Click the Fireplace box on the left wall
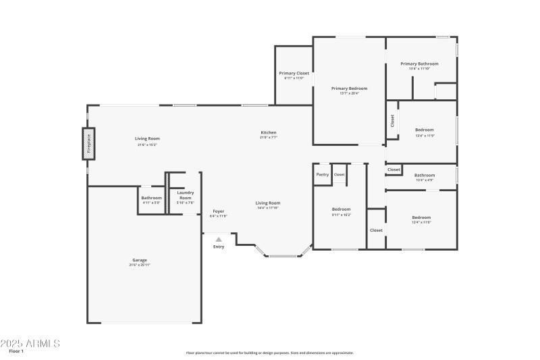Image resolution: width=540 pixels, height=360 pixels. click(x=88, y=144)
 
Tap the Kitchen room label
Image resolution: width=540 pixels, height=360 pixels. click(x=269, y=132)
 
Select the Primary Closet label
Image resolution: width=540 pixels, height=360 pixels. click(x=294, y=73)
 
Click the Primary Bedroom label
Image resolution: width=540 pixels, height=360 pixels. click(x=349, y=88)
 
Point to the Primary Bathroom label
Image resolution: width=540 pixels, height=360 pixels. click(x=419, y=63)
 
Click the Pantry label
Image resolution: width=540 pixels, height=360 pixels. click(x=322, y=174)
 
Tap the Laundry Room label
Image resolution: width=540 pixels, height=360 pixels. click(x=185, y=195)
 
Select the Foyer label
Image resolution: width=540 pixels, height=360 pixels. click(x=219, y=211)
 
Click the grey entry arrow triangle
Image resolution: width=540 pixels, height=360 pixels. click(x=219, y=238)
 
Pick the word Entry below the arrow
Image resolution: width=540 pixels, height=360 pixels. click(x=219, y=247)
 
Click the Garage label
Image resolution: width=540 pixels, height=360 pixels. click(x=140, y=260)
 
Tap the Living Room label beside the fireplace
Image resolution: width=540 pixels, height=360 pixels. click(x=147, y=138)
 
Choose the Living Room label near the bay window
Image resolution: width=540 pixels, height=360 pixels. click(x=268, y=203)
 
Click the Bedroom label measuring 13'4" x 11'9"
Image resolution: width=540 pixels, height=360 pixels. click(x=424, y=130)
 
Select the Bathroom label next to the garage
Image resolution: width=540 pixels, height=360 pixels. click(x=151, y=198)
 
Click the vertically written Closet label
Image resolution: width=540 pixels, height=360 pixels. click(x=392, y=120)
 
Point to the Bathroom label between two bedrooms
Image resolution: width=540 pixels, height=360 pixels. click(x=424, y=175)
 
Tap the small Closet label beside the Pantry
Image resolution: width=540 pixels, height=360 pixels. click(x=339, y=174)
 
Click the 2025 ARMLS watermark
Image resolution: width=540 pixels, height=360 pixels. click(x=30, y=343)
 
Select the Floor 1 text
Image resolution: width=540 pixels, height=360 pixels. click(x=16, y=351)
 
